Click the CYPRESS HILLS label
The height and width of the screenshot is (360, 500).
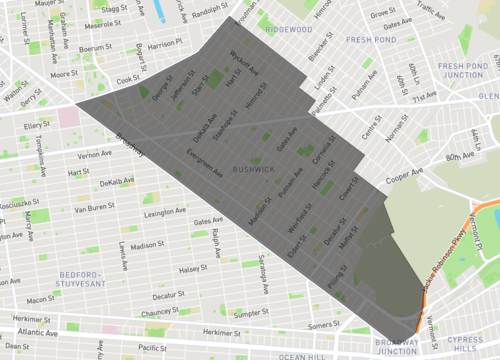tap(461, 344)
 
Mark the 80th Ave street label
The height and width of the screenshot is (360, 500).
tap(459, 156)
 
